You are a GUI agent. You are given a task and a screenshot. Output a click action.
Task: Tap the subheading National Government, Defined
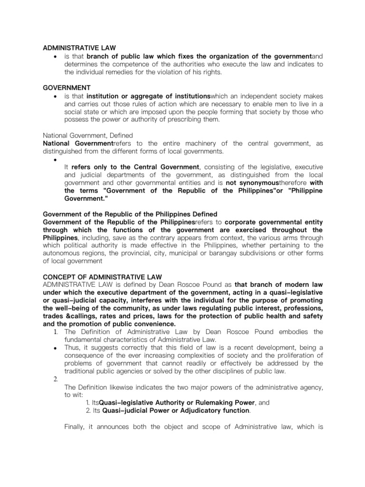click(x=88, y=136)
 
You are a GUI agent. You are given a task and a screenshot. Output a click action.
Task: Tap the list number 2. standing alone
click(x=55, y=379)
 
